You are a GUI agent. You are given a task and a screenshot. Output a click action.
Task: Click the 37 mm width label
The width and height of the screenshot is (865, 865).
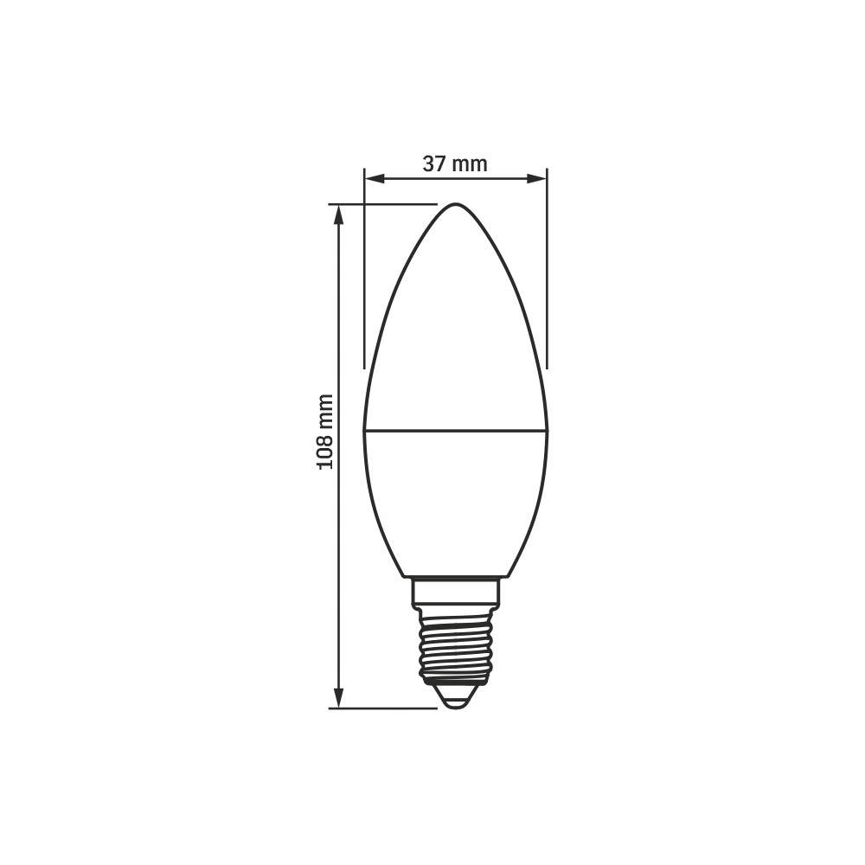coord(455,163)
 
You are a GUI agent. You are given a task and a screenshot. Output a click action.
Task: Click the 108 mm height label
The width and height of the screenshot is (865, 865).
coord(325,432)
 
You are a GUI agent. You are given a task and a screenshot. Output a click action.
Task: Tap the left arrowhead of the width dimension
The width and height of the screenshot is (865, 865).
coord(374,179)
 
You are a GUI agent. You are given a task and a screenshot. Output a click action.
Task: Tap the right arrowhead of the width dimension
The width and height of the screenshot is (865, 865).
coord(537,179)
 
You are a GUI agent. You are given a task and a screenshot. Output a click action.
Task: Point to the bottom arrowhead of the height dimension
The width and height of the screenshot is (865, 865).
coord(339,698)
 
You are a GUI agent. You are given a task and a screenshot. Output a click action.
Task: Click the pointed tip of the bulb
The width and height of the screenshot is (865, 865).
coord(456,204)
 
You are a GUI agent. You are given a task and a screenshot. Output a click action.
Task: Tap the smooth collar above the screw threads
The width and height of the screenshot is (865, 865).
coord(456,591)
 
